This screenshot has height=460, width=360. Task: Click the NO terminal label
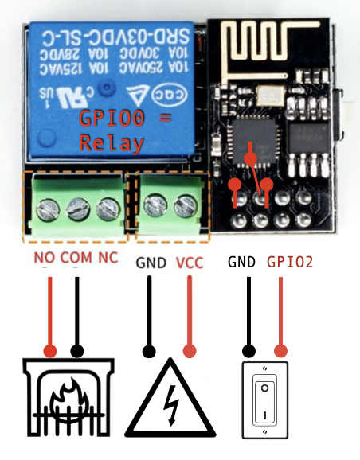44,259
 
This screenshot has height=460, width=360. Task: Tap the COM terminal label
76,259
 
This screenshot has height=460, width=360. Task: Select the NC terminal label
108,259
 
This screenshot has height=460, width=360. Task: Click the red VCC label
190,261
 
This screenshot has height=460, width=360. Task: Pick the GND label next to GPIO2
242,261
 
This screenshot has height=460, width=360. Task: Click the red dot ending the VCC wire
190,350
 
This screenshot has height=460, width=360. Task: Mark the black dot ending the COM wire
77,350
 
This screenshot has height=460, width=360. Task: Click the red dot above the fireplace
51,350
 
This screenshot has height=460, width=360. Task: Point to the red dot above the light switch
280,350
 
